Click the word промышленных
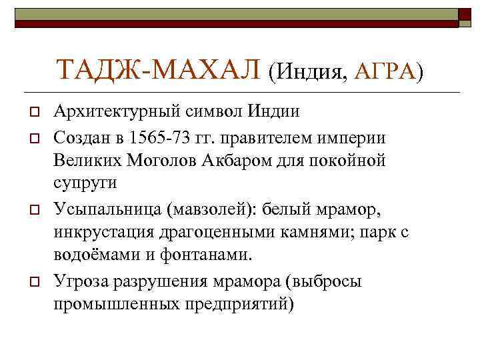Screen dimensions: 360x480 pyautogui.click(x=117, y=303)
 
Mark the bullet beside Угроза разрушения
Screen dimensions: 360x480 pyautogui.click(x=31, y=282)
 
